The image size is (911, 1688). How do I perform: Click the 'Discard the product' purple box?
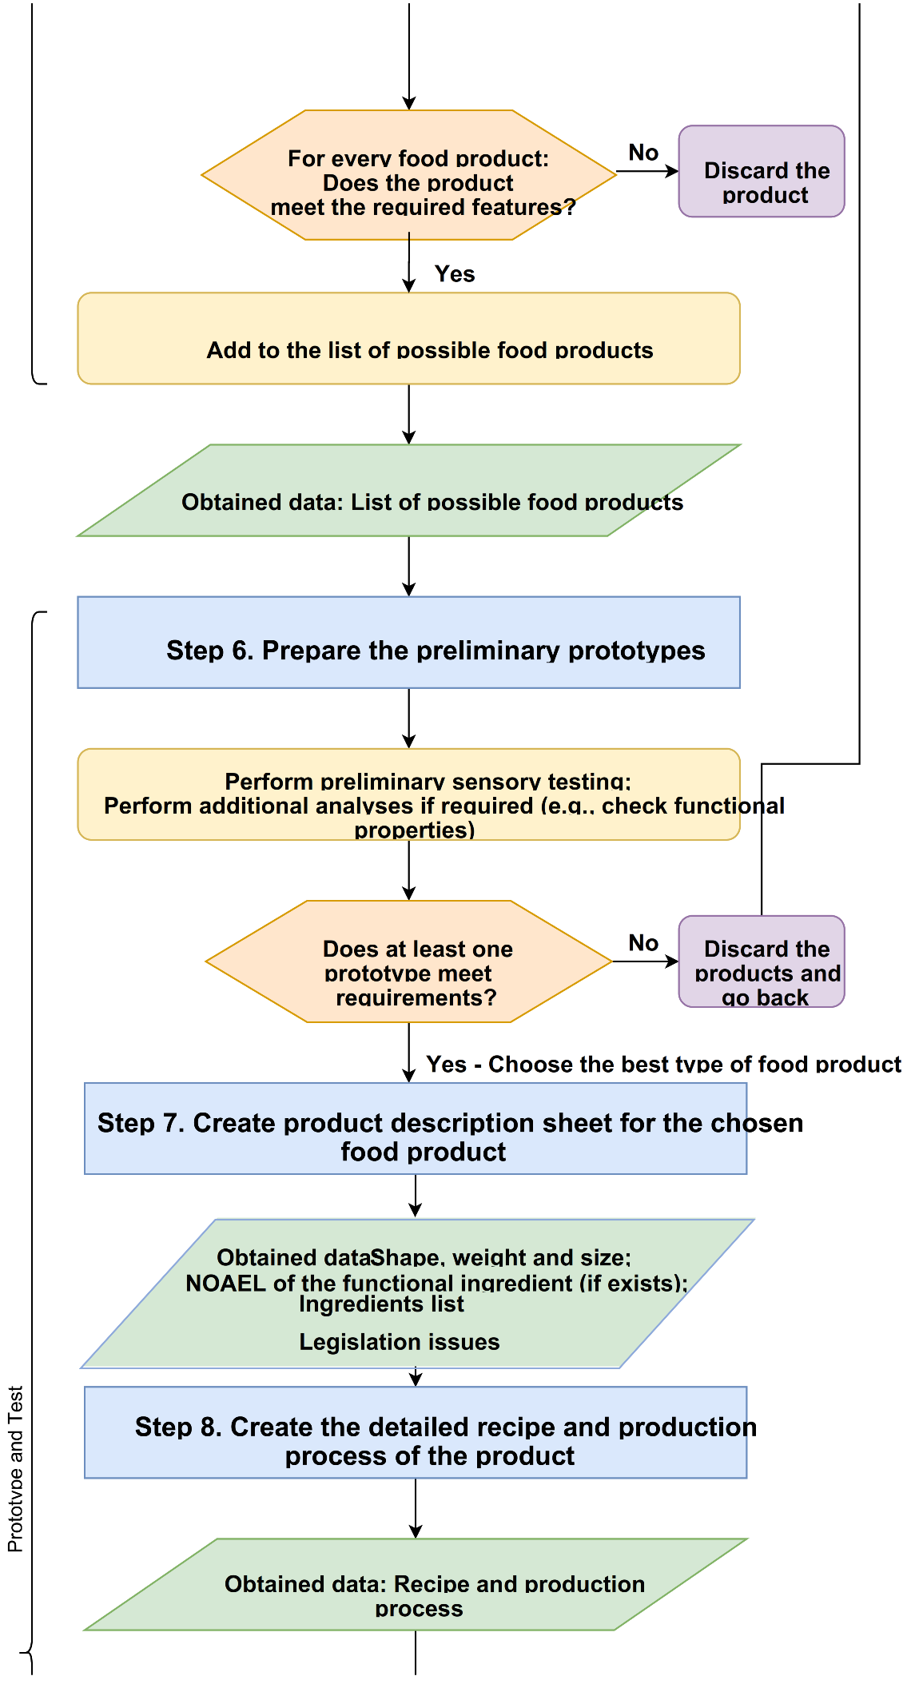click(761, 171)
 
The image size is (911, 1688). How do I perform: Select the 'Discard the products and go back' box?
click(761, 961)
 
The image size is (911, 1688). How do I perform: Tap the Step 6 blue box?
click(408, 643)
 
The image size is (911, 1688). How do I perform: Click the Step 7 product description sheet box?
click(415, 1129)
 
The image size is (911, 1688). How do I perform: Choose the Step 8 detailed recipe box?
click(415, 1432)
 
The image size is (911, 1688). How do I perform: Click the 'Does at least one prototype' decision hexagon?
click(408, 961)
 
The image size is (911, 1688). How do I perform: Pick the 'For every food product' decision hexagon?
click(408, 175)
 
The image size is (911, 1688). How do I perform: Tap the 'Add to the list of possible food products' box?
click(408, 338)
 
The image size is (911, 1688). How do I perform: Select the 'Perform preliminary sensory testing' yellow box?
click(408, 794)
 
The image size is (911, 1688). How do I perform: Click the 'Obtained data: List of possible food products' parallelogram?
click(408, 491)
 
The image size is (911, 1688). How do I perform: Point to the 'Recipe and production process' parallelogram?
click(415, 1584)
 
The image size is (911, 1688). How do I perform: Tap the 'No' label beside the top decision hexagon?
click(643, 153)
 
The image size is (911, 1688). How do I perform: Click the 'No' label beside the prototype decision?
click(643, 943)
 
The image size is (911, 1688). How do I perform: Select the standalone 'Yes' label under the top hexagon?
click(455, 274)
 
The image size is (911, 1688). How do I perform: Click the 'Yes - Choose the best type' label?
click(662, 1065)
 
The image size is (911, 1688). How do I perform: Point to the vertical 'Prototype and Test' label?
click(15, 1469)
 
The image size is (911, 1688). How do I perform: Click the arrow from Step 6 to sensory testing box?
click(408, 719)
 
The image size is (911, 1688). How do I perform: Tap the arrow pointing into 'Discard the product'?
click(647, 171)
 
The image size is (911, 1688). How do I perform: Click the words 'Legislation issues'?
click(399, 1342)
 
